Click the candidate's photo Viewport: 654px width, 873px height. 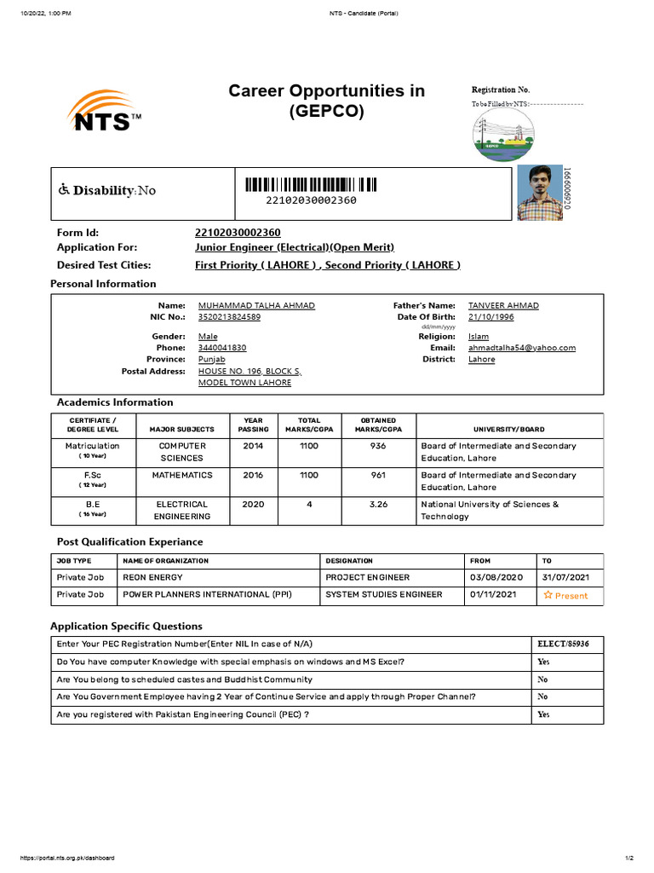[540, 193]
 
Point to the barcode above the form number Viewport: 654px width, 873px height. [311, 184]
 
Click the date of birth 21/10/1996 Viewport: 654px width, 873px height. [491, 317]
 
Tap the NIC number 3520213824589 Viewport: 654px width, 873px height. [229, 317]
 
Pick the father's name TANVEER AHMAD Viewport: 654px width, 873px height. [503, 305]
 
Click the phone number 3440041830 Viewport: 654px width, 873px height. [222, 348]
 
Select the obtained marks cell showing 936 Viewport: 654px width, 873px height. [378, 446]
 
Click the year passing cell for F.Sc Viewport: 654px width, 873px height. [253, 475]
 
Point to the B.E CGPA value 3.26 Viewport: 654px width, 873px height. [378, 504]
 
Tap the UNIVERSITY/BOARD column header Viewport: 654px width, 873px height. [509, 430]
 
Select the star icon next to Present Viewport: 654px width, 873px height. [548, 595]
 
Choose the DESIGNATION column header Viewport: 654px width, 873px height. [349, 561]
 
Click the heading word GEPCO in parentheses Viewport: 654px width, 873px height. [327, 111]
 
